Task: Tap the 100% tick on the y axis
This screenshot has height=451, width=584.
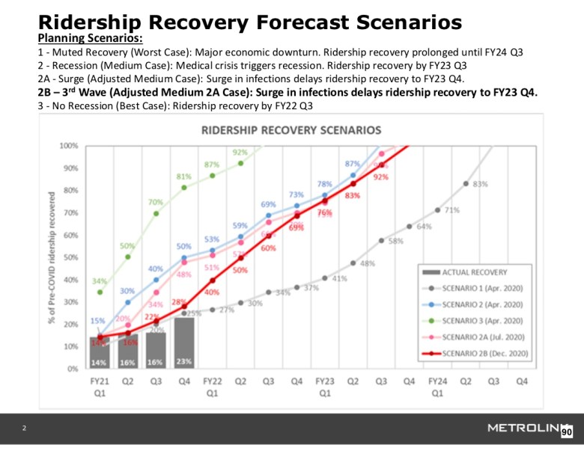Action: pos(70,146)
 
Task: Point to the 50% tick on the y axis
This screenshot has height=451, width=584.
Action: pos(71,257)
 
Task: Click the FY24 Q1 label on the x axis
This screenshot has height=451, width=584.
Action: pos(438,386)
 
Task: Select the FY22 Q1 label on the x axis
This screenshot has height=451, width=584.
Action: pos(213,386)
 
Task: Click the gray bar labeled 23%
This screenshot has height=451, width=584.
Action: pos(184,343)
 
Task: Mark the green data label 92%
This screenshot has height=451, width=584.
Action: pos(240,152)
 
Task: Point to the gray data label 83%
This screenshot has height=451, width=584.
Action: pos(481,183)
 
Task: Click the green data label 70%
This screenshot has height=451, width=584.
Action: pos(156,202)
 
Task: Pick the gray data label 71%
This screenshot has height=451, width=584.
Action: pos(452,210)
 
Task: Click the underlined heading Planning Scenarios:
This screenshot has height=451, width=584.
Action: pos(90,37)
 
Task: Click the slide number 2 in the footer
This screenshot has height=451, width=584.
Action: pos(24,428)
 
